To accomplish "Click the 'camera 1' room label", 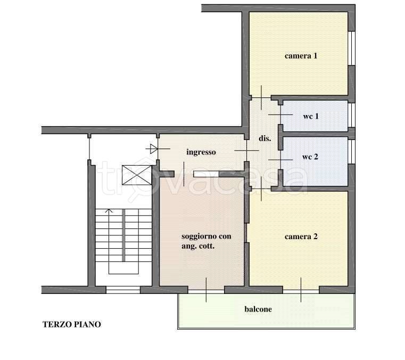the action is (x=301, y=56).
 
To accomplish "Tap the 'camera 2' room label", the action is (x=301, y=236).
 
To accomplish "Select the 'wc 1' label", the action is (x=311, y=116).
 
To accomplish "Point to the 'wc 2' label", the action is (x=310, y=157).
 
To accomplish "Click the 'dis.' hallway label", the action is (x=265, y=138).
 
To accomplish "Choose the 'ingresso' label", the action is (x=201, y=152).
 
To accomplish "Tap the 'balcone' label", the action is (x=258, y=309).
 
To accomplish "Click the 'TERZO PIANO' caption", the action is (x=72, y=324).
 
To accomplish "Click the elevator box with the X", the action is (x=137, y=175).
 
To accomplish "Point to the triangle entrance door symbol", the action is (x=154, y=149).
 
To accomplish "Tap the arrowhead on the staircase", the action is (x=109, y=211).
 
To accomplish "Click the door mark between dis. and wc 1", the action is (x=280, y=114).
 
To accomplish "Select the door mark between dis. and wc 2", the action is (x=280, y=160).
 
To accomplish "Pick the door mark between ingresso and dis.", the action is (x=246, y=150).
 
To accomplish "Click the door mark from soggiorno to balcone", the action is (x=206, y=290).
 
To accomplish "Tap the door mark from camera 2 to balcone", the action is (x=301, y=290).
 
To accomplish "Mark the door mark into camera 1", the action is (x=261, y=97).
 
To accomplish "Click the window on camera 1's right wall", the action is (x=352, y=48).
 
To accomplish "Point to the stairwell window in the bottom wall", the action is (x=123, y=290).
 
